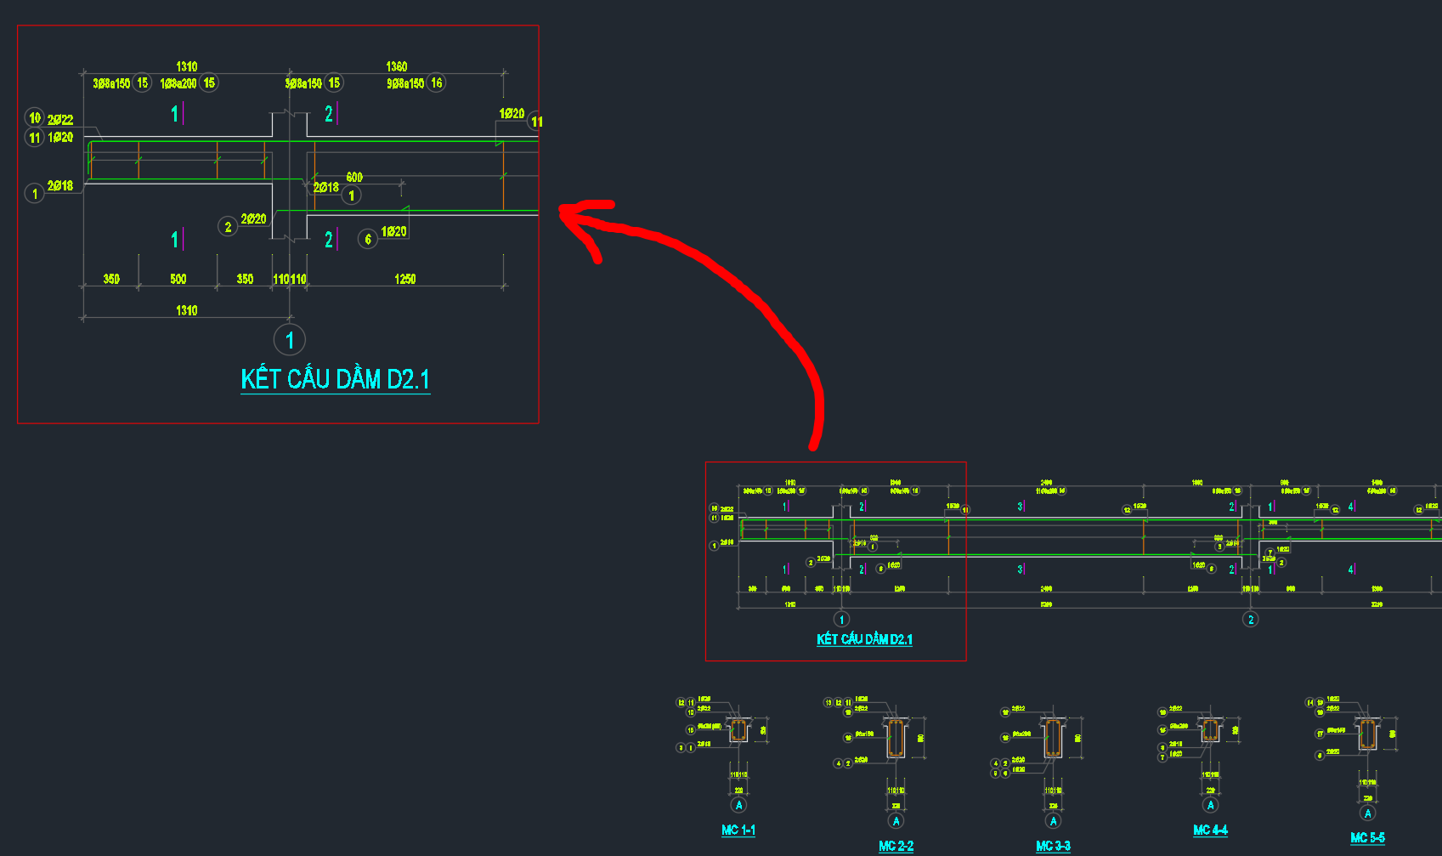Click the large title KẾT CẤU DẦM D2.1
pos(335,379)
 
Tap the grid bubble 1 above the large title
pos(290,340)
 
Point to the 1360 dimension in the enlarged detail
pos(397,66)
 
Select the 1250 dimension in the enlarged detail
pos(405,279)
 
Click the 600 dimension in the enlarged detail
pos(354,177)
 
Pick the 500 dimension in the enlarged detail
pos(178,279)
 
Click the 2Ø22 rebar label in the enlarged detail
pos(60,120)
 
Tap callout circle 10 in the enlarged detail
pos(35,117)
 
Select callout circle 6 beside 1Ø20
pos(368,239)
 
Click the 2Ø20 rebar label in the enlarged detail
pos(253,219)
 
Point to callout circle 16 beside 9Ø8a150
pos(437,83)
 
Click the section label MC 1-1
pos(738,830)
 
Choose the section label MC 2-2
pos(896,846)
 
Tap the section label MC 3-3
pos(1053,846)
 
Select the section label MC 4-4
pos(1210,830)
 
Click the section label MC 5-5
pos(1367,837)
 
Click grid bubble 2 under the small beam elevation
pos(1250,619)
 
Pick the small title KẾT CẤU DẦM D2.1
pos(864,639)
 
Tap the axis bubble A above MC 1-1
pos(738,805)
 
